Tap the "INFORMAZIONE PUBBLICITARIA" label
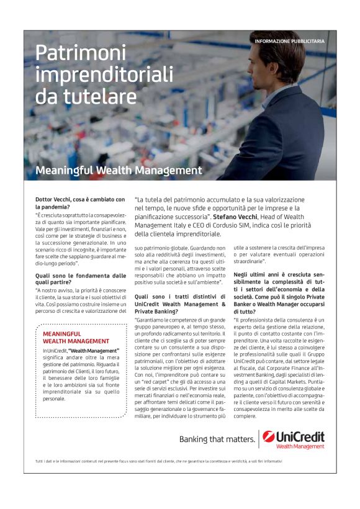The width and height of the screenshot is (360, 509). pos(289,41)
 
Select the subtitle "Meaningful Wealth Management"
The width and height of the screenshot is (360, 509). pos(119,169)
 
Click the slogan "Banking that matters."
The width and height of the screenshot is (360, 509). pos(217,440)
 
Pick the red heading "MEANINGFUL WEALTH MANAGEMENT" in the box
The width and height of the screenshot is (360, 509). pos(76,337)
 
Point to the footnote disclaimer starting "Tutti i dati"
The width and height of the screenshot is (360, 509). pos(158,461)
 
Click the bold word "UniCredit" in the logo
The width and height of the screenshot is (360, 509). pos(300,436)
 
